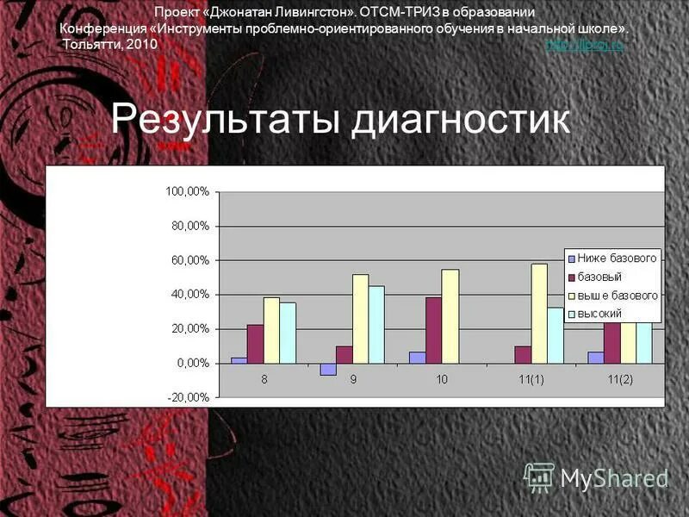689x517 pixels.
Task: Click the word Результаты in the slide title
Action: [x=227, y=120]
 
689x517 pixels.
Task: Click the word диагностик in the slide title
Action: [x=461, y=120]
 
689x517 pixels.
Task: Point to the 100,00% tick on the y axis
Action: [x=187, y=192]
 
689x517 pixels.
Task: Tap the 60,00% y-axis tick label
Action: [x=189, y=260]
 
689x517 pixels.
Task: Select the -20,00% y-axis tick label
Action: [x=188, y=398]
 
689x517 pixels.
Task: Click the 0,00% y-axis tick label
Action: [x=192, y=364]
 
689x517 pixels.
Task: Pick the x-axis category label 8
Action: [x=265, y=380]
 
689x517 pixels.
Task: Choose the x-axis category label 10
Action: [x=442, y=380]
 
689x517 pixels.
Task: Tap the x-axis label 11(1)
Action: [x=529, y=380]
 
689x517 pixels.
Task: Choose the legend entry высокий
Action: [x=599, y=313]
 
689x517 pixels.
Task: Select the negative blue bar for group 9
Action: [x=327, y=369]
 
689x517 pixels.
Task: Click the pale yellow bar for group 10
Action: [x=450, y=316]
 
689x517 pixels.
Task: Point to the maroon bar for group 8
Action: [x=255, y=344]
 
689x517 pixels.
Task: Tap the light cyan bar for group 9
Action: [x=376, y=325]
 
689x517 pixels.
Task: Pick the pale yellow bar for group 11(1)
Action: [x=538, y=314]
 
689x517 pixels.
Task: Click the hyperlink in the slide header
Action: [x=585, y=46]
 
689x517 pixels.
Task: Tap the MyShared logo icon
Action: [x=539, y=477]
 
